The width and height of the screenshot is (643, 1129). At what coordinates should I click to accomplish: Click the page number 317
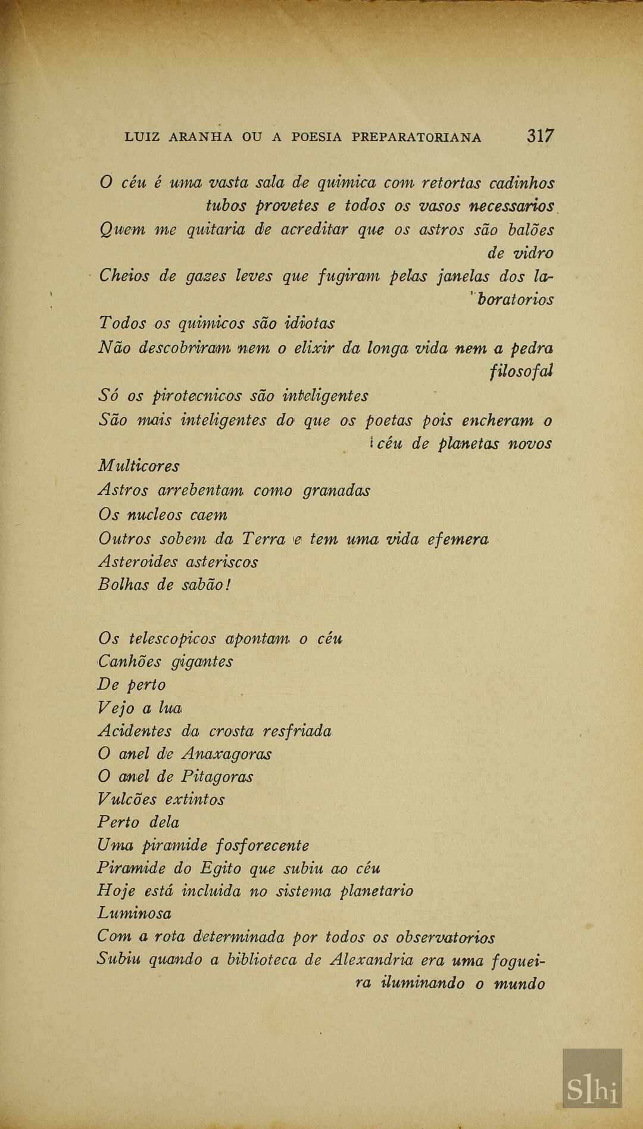tap(540, 136)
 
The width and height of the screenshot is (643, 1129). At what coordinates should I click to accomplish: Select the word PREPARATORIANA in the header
tap(416, 138)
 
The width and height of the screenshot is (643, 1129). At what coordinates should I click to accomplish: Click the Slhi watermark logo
tap(592, 1078)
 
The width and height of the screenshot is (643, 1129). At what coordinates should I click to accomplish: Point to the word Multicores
tap(139, 466)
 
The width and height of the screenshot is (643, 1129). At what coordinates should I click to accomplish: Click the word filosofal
tap(522, 371)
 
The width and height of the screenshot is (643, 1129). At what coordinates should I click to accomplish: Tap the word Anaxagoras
tap(227, 754)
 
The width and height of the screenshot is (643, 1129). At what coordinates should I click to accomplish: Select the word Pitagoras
tap(217, 777)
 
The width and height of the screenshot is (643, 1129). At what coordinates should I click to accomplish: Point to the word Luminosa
tap(135, 913)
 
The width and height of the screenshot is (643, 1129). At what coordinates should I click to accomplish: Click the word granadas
tap(336, 491)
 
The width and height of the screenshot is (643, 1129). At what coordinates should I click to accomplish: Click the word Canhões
tap(127, 661)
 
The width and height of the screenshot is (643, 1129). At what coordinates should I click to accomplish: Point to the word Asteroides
tap(138, 562)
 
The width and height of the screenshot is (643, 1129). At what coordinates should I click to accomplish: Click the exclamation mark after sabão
tap(228, 584)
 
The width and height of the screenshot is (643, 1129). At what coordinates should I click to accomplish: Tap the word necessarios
tap(512, 206)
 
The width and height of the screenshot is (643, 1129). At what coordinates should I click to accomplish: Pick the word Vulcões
tap(127, 800)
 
